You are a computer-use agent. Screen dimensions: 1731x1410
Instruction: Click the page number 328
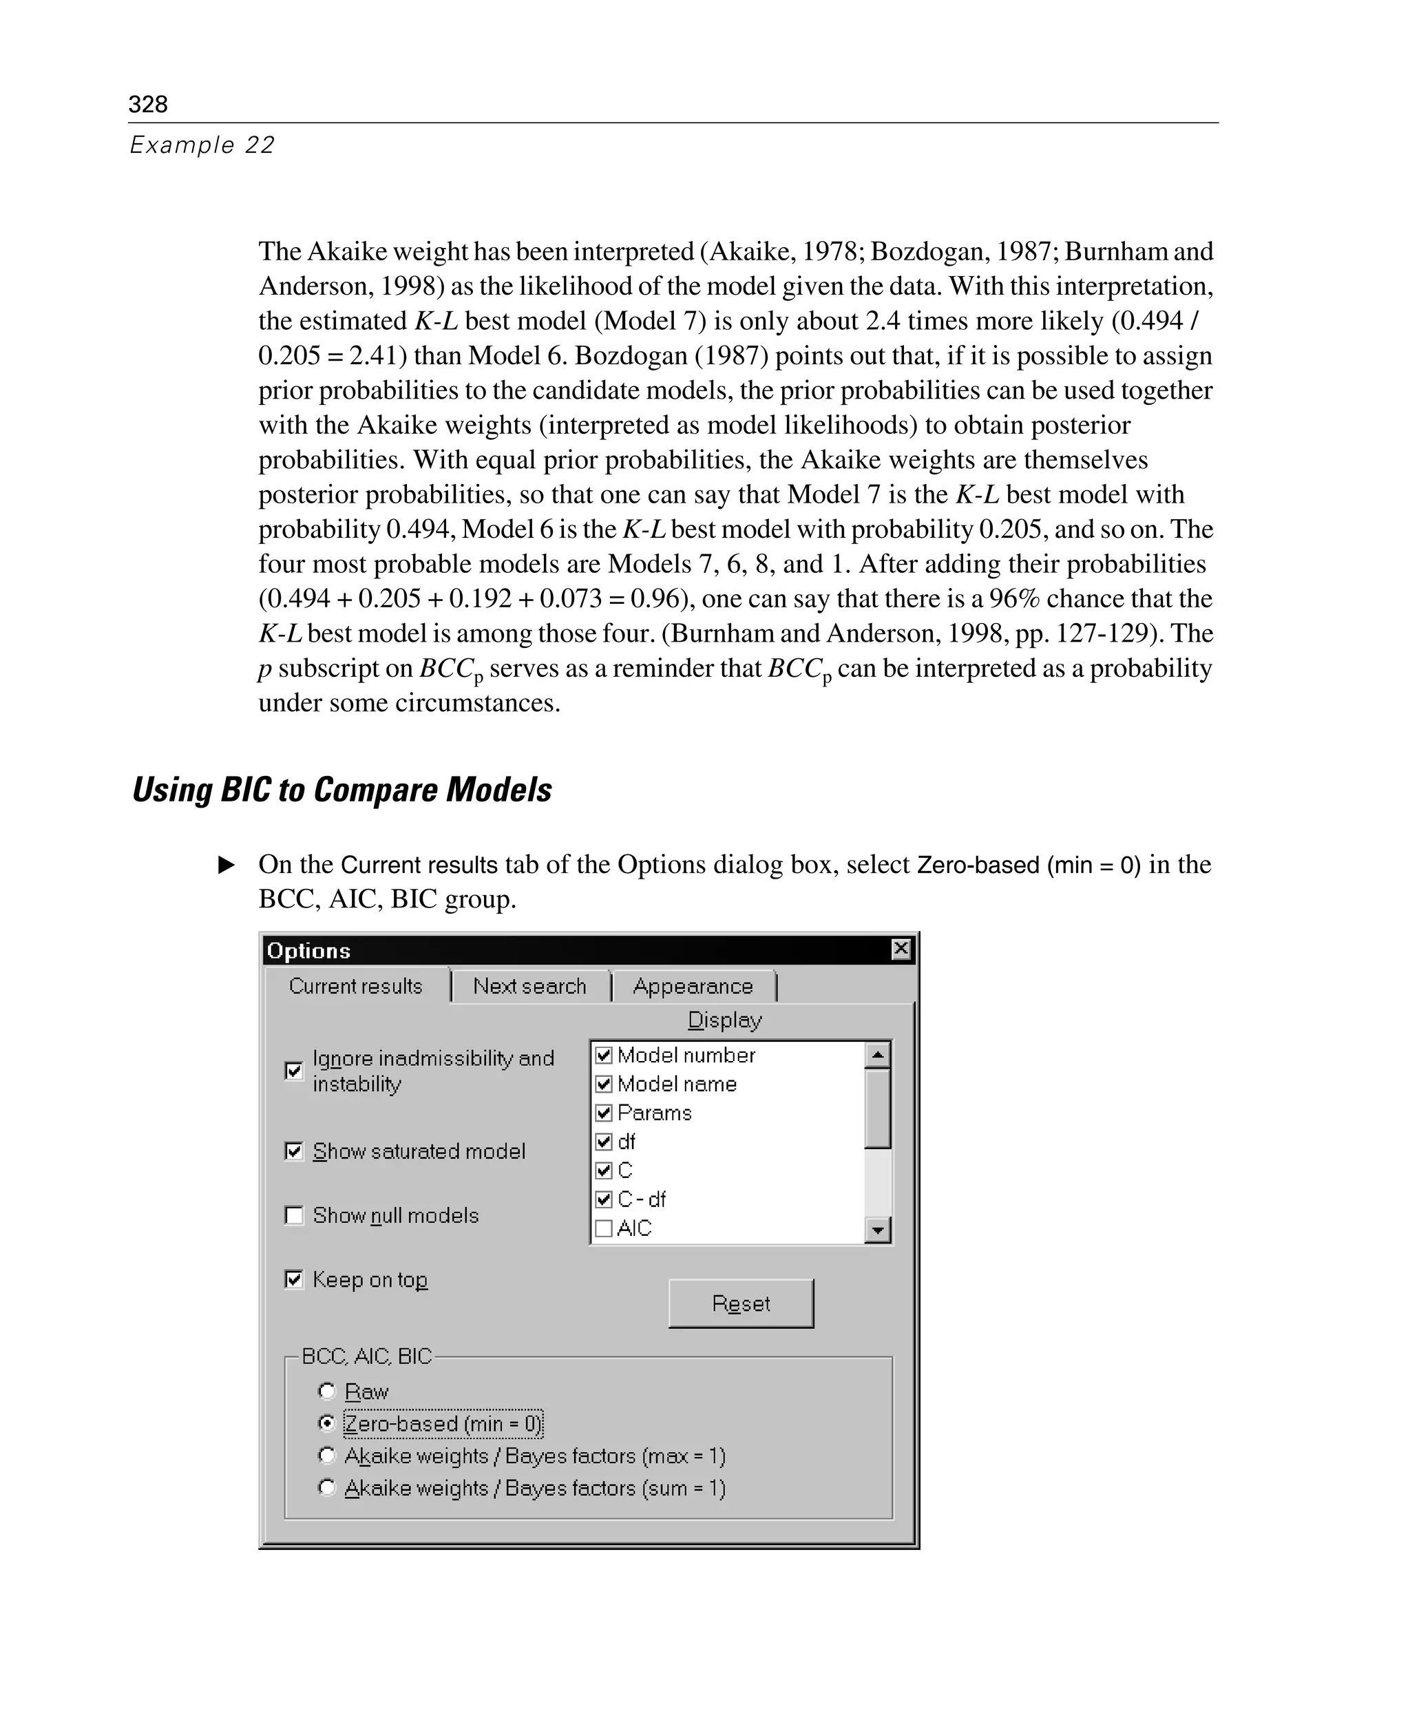148,104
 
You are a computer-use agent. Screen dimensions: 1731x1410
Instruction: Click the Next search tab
529,986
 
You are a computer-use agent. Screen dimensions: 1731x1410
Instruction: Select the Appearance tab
693,986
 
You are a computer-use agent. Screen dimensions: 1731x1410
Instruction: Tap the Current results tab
356,986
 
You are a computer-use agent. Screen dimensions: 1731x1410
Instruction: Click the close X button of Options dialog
901,949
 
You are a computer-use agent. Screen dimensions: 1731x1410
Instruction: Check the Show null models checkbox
294,1215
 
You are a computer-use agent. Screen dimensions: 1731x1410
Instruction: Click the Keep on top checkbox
294,1279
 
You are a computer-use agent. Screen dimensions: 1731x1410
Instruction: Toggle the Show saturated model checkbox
294,1151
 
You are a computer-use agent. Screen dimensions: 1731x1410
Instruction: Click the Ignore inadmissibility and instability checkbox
294,1071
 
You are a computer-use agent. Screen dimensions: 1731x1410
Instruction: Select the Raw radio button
326,1392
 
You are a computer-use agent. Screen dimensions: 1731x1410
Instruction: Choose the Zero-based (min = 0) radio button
326,1423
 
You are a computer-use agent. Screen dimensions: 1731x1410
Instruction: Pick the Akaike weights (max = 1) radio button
326,1456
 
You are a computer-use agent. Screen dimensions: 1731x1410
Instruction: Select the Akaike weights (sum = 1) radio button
326,1487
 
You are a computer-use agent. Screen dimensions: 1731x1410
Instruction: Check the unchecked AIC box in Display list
604,1228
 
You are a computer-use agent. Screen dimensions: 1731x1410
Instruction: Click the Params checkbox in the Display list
604,1113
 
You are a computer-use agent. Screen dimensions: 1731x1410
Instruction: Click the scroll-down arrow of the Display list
878,1230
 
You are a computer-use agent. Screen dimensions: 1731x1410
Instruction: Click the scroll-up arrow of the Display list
878,1055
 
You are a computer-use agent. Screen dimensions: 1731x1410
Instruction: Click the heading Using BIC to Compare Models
342,790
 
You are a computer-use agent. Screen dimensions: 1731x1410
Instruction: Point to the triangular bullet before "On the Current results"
227,864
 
